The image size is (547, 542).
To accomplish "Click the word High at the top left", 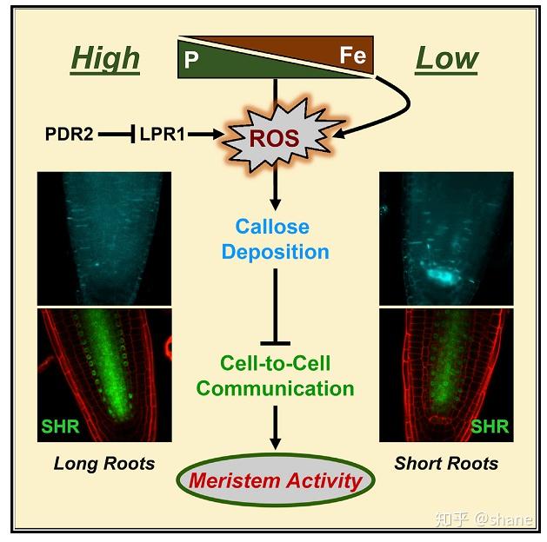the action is (104, 58).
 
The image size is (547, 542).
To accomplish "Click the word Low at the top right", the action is (446, 58).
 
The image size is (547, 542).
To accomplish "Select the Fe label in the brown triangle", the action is (352, 56).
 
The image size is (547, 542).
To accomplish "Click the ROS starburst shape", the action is (275, 136).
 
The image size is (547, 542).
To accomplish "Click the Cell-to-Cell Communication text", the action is (275, 375).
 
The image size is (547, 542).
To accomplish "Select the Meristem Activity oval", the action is (276, 479).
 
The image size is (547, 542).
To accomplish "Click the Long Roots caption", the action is (104, 463).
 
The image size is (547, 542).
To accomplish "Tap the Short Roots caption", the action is (446, 463).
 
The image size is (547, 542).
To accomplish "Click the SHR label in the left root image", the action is (62, 426).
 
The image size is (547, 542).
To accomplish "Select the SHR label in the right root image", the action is (489, 426).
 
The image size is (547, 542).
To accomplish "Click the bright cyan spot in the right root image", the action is (439, 277).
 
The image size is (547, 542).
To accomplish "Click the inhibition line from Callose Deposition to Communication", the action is (275, 304).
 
